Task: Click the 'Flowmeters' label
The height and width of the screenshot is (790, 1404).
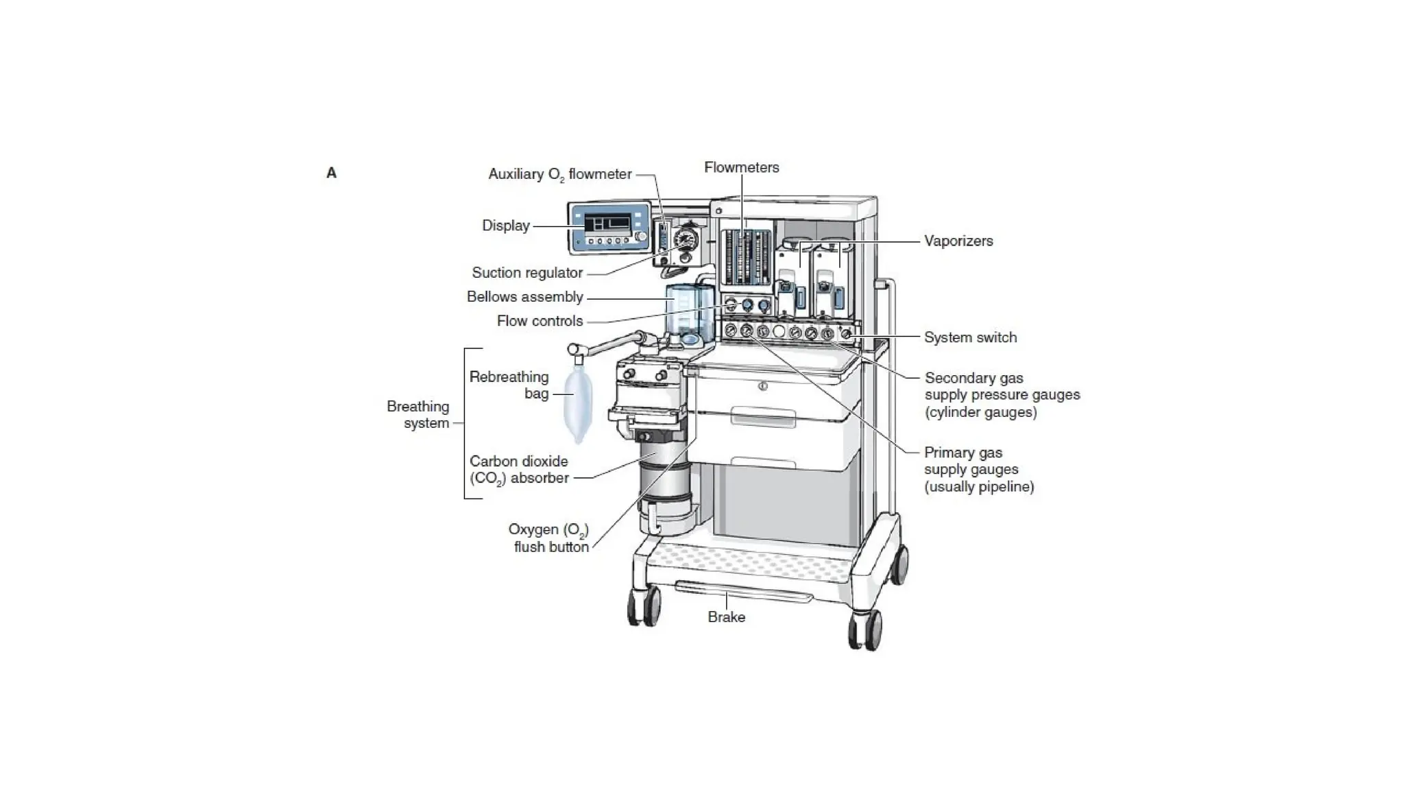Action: (x=741, y=167)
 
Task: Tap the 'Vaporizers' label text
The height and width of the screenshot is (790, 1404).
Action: (x=958, y=241)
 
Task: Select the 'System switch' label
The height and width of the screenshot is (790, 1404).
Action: (x=970, y=337)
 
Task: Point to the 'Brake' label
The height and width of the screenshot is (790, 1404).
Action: (x=726, y=617)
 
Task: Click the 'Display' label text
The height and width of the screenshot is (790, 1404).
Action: (x=505, y=226)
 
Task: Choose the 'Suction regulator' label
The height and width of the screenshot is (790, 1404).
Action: (x=526, y=273)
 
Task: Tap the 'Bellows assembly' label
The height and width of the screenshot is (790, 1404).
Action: (x=524, y=297)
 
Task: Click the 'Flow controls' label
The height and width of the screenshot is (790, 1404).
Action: (x=540, y=321)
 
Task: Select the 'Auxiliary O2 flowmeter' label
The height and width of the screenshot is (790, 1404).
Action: (x=559, y=174)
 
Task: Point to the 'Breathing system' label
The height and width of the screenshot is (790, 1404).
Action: (x=417, y=414)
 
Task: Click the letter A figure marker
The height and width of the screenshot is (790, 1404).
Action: (x=331, y=173)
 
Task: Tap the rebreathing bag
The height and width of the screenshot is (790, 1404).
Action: (x=578, y=405)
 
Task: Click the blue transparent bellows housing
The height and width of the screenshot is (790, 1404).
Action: (x=689, y=312)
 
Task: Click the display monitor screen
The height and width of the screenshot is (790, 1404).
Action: (x=607, y=224)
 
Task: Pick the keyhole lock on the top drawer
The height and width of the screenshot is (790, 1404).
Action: (x=762, y=386)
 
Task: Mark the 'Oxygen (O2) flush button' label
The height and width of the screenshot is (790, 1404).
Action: (x=548, y=538)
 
